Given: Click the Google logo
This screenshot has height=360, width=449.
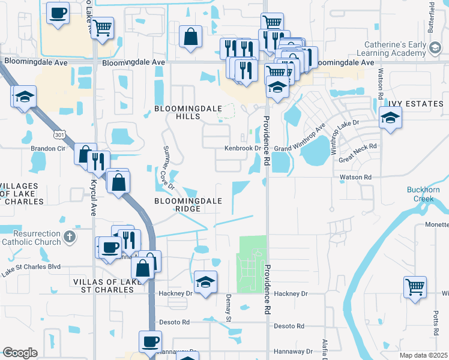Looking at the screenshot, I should point(20,353).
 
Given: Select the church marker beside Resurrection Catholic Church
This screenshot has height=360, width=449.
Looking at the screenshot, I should point(70,236).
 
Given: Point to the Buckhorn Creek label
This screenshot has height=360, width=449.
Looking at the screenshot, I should point(427,194).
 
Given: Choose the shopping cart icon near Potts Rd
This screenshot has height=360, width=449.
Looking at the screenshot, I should point(415,287).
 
